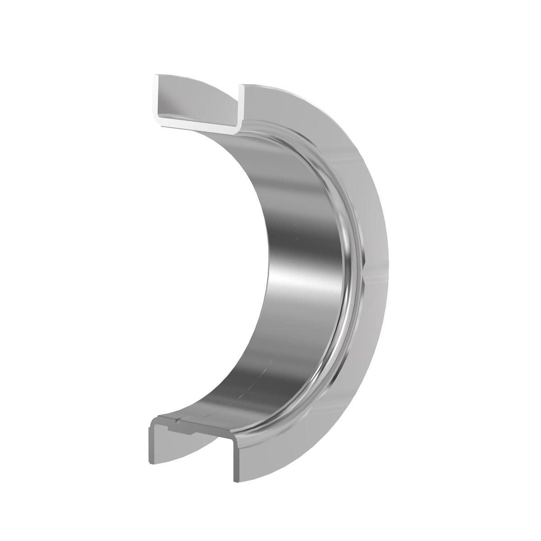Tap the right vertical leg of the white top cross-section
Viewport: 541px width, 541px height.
pos(241,106)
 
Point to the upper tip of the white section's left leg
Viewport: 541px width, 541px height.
pos(155,77)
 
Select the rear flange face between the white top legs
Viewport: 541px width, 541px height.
pos(198,97)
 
